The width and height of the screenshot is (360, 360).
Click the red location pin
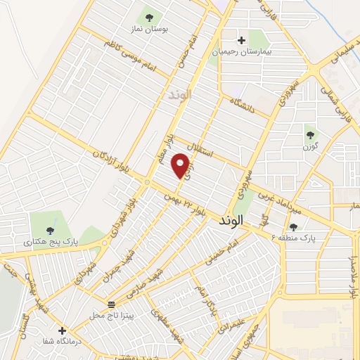pyautogui.click(x=181, y=166)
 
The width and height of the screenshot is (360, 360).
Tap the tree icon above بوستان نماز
pyautogui.click(x=148, y=16)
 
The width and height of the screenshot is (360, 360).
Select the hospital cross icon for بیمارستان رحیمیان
pyautogui.click(x=243, y=40)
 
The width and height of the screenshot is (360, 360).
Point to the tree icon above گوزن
pyautogui.click(x=309, y=134)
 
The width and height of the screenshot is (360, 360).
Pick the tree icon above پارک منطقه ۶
pyautogui.click(x=293, y=226)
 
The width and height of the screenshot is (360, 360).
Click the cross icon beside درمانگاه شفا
pyautogui.click(x=62, y=330)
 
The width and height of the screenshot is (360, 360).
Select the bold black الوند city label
pyautogui.click(x=231, y=220)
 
